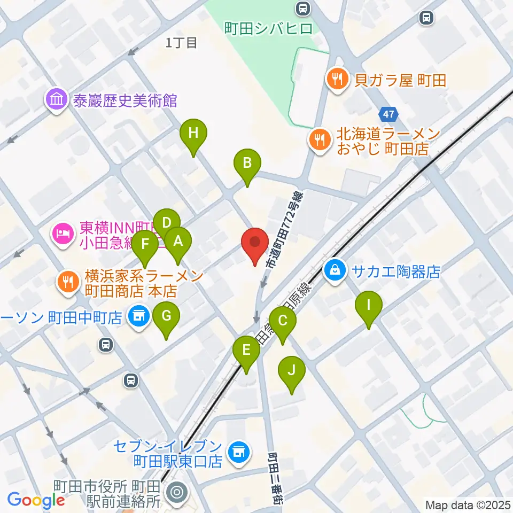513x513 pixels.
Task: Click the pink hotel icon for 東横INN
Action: (x=63, y=234)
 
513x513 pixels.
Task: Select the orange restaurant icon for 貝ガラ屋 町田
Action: (x=337, y=81)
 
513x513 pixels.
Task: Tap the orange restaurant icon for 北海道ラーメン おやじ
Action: (x=320, y=141)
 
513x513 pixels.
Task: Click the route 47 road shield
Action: (x=389, y=114)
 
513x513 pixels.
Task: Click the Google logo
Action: (x=36, y=500)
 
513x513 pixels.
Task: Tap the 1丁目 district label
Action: (x=182, y=43)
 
